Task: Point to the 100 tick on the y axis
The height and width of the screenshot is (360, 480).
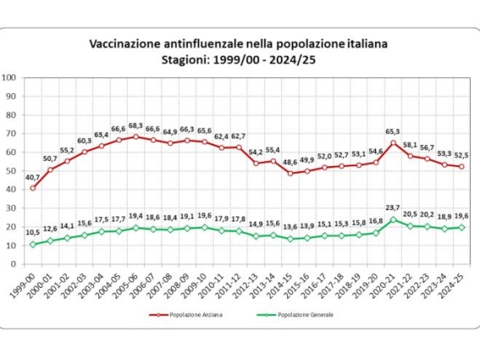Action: coord(10,77)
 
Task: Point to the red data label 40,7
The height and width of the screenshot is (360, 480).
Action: coord(31,177)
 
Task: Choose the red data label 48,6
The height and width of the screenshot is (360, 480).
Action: coord(290,162)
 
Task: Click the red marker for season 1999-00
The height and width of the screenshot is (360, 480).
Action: coord(34,188)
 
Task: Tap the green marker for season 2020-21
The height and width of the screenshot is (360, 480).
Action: coord(394,220)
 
